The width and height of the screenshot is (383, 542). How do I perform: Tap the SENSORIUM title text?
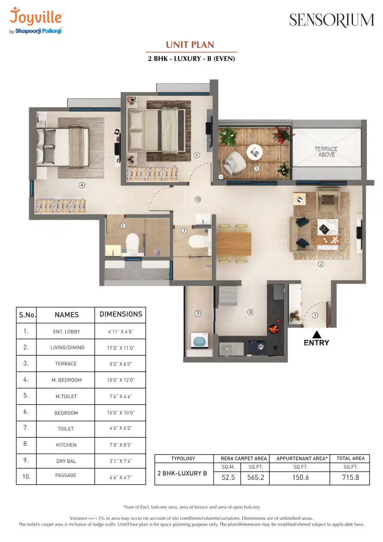(x=332, y=20)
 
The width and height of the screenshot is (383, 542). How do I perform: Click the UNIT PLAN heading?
(x=190, y=45)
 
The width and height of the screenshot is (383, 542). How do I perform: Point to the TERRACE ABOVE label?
(x=326, y=152)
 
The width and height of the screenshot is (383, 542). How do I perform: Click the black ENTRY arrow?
(x=317, y=334)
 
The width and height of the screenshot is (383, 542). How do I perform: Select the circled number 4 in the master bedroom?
(x=82, y=185)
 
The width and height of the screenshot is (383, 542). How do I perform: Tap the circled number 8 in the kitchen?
(x=250, y=312)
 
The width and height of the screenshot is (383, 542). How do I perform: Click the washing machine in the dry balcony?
(x=199, y=341)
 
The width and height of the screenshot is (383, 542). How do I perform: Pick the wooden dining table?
(x=234, y=244)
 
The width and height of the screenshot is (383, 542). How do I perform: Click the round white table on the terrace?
(x=255, y=152)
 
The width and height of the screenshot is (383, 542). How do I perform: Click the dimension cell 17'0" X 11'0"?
(x=121, y=348)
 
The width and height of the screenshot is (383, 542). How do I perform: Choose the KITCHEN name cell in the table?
(x=66, y=445)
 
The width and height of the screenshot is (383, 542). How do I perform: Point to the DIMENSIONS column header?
(x=121, y=314)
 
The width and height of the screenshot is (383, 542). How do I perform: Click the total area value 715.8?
(x=350, y=477)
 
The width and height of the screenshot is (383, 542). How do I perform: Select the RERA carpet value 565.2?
(x=256, y=477)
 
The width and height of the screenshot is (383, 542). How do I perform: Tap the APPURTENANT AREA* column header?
(x=302, y=458)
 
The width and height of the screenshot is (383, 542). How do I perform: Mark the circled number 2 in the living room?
(x=321, y=264)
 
